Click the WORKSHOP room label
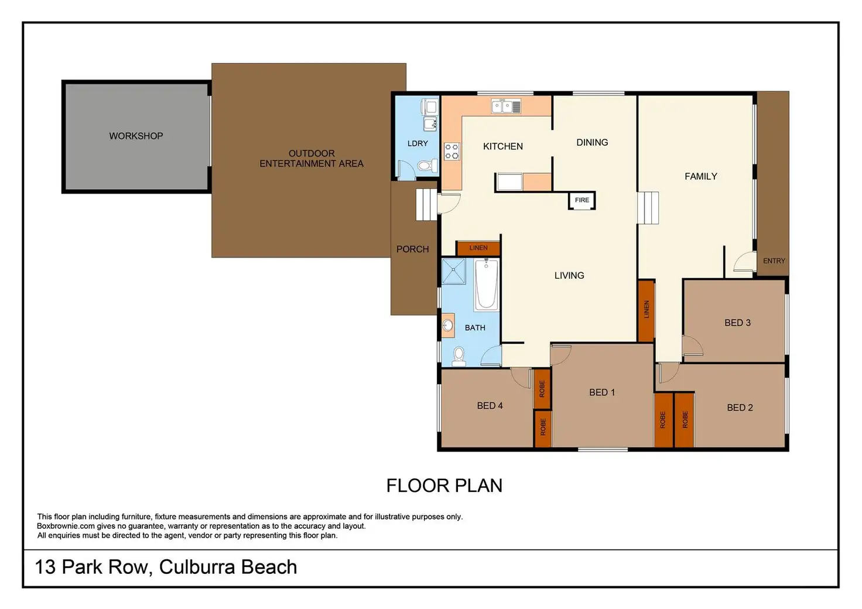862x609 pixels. pos(136,136)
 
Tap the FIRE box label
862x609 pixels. pos(582,200)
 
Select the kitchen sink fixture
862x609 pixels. pos(506,106)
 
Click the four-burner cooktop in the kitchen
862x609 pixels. pos(451,151)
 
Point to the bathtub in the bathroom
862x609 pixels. pos(487,285)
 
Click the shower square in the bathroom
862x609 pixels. pos(453,271)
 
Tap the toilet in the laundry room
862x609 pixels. pos(427,166)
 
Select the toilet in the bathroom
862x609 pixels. pos(459,356)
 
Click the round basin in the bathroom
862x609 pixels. pos(447,326)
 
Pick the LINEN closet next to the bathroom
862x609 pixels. pos(478,248)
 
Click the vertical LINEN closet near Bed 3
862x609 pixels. pos(646,310)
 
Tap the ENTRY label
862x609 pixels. pos(774,261)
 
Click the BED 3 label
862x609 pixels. pos(737,323)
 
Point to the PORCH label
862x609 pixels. pos(412,249)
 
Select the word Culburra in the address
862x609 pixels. pos(195,567)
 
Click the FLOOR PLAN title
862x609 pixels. pos(444,485)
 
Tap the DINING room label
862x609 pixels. pos(592,142)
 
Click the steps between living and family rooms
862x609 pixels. pos(648,208)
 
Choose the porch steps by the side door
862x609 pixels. pos(426,204)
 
